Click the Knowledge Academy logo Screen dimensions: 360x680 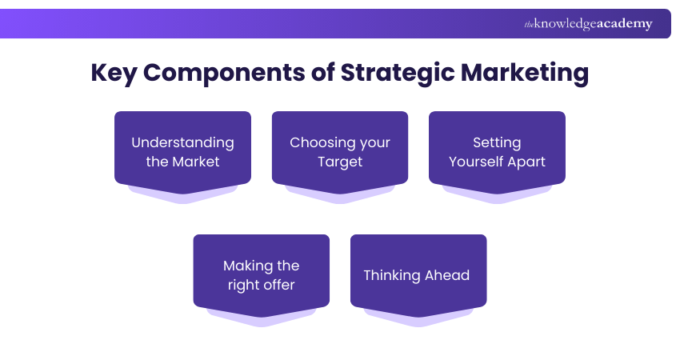(x=588, y=24)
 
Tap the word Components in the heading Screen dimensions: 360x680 (x=238, y=73)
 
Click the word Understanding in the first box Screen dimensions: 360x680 (x=182, y=142)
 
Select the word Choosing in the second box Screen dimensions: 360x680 (x=320, y=142)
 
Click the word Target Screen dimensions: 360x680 (x=340, y=162)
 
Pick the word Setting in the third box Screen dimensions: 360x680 (x=497, y=142)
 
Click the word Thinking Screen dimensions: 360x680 (x=392, y=275)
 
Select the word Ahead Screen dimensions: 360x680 (x=447, y=275)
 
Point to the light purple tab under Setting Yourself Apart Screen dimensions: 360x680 (x=497, y=196)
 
